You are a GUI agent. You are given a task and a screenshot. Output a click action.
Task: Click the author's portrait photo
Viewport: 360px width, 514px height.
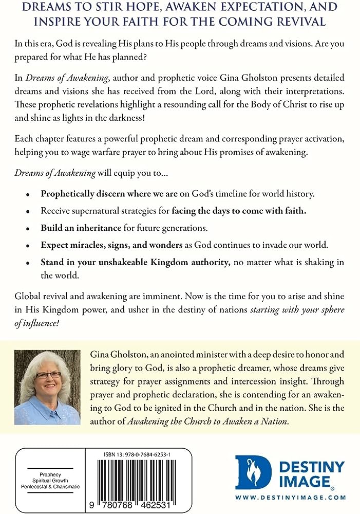point(47,387)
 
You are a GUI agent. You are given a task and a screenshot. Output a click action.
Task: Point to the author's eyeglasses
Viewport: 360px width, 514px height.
point(47,375)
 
